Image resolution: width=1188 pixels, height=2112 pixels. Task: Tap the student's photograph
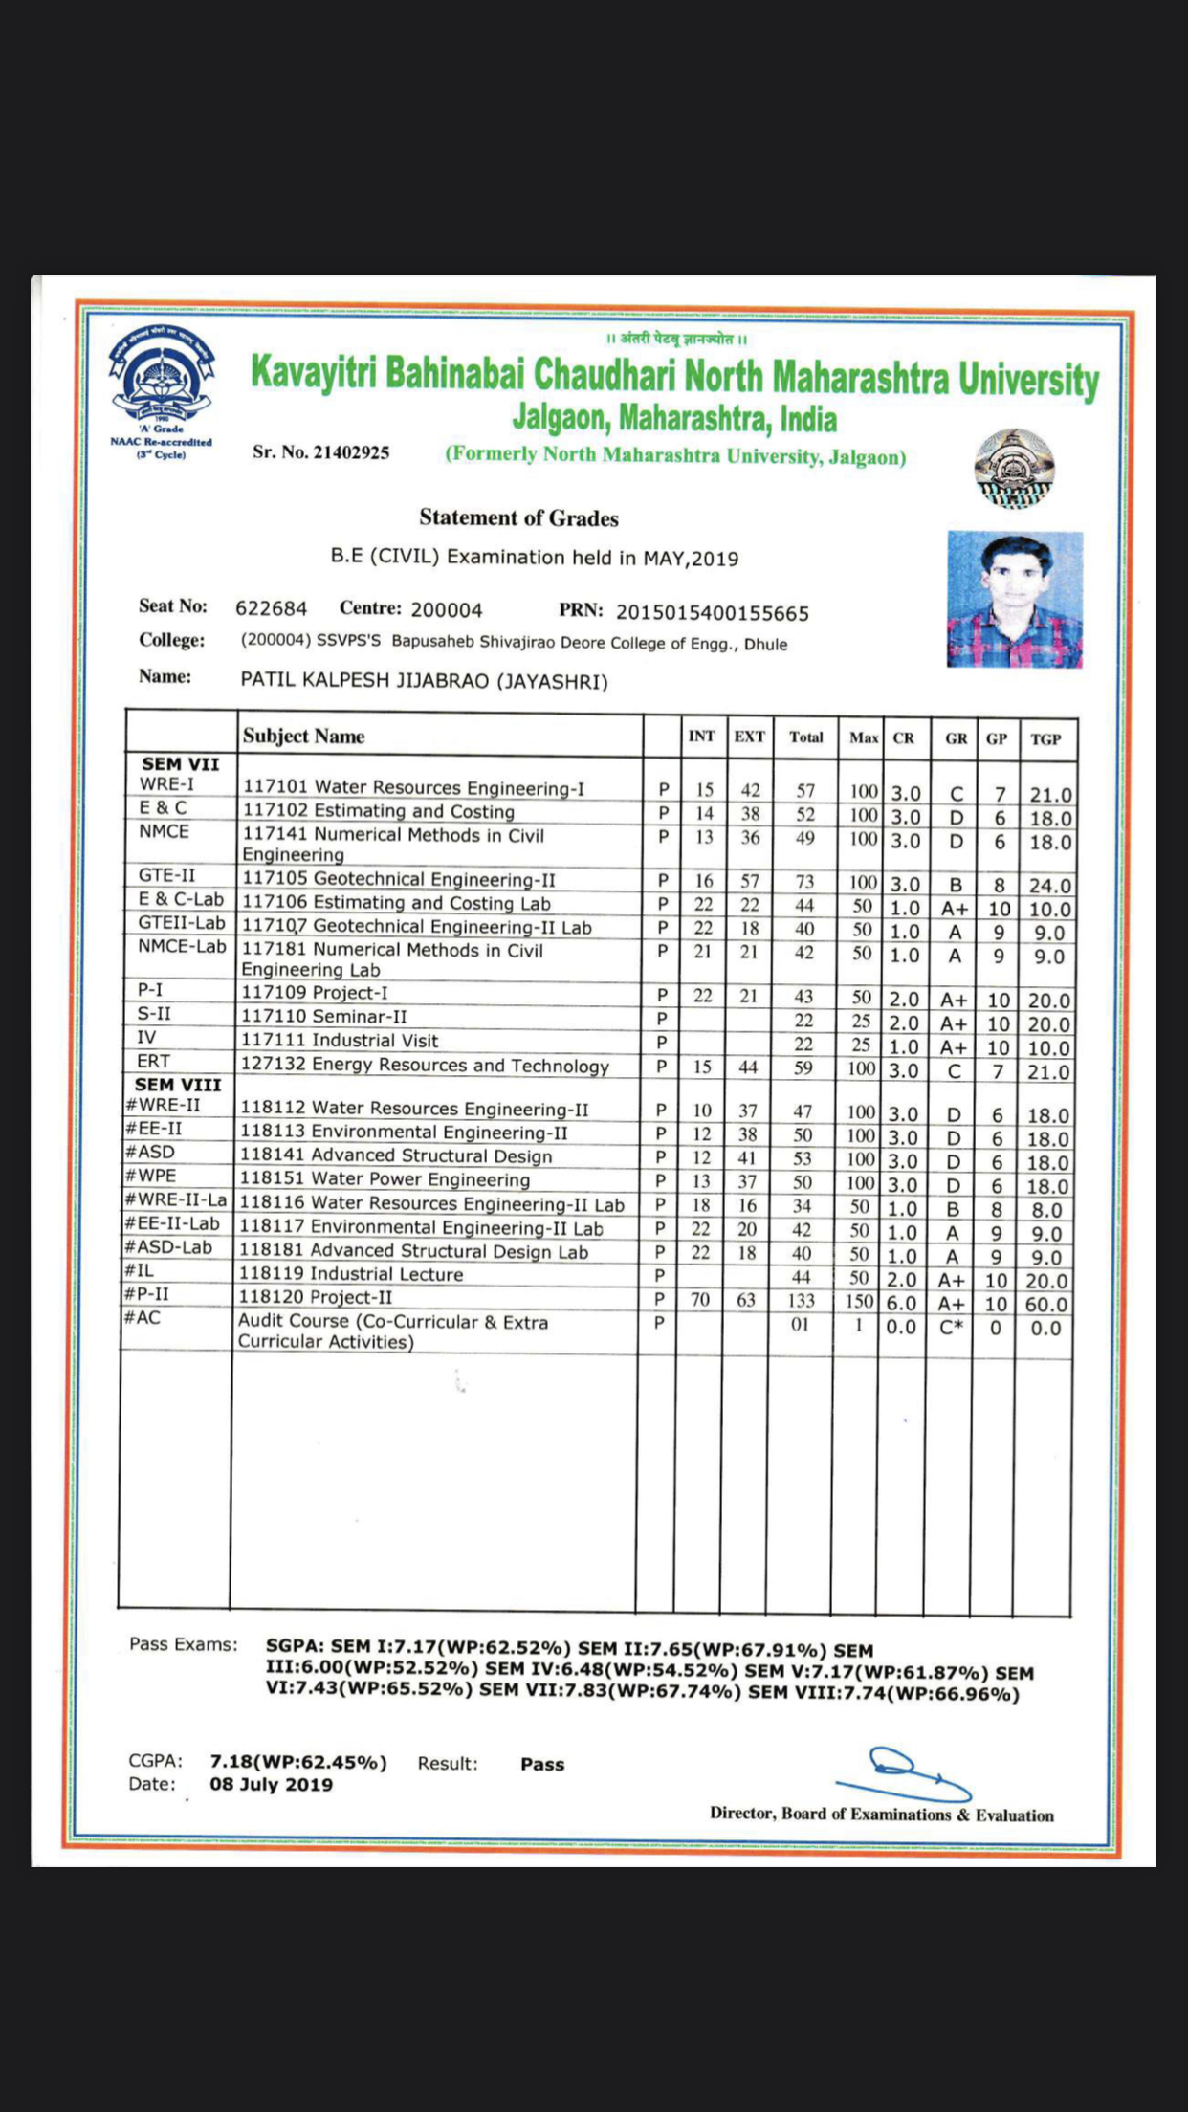tap(1014, 599)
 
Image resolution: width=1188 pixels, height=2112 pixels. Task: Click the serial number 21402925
tap(351, 452)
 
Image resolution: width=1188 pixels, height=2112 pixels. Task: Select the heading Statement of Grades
tap(518, 518)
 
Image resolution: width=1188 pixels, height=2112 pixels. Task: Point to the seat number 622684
tap(272, 608)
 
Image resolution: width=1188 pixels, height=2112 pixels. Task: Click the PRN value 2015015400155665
tap(712, 613)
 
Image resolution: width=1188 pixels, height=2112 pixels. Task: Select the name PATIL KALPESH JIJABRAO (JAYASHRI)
tap(424, 681)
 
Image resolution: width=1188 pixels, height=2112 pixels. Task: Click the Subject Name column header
tap(303, 737)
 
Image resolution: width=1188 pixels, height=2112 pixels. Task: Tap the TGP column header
tap(1045, 739)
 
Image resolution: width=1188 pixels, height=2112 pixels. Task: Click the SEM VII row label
tap(181, 764)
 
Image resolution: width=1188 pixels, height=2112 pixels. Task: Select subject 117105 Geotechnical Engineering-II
tap(398, 879)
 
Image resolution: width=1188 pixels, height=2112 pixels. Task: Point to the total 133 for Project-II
tap(801, 1301)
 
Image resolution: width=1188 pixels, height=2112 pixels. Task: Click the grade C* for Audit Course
tap(951, 1328)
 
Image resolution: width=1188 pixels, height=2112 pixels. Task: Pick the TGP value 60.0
tap(1045, 1305)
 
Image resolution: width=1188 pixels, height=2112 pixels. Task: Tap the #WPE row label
tap(151, 1176)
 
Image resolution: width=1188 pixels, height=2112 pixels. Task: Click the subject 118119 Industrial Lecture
tap(351, 1274)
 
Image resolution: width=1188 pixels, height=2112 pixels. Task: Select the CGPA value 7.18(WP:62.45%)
tap(298, 1762)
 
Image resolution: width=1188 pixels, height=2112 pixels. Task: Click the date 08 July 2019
tap(272, 1785)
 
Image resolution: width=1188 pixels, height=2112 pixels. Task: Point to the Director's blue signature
tap(904, 1775)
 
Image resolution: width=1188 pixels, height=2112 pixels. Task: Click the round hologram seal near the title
tap(1014, 469)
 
